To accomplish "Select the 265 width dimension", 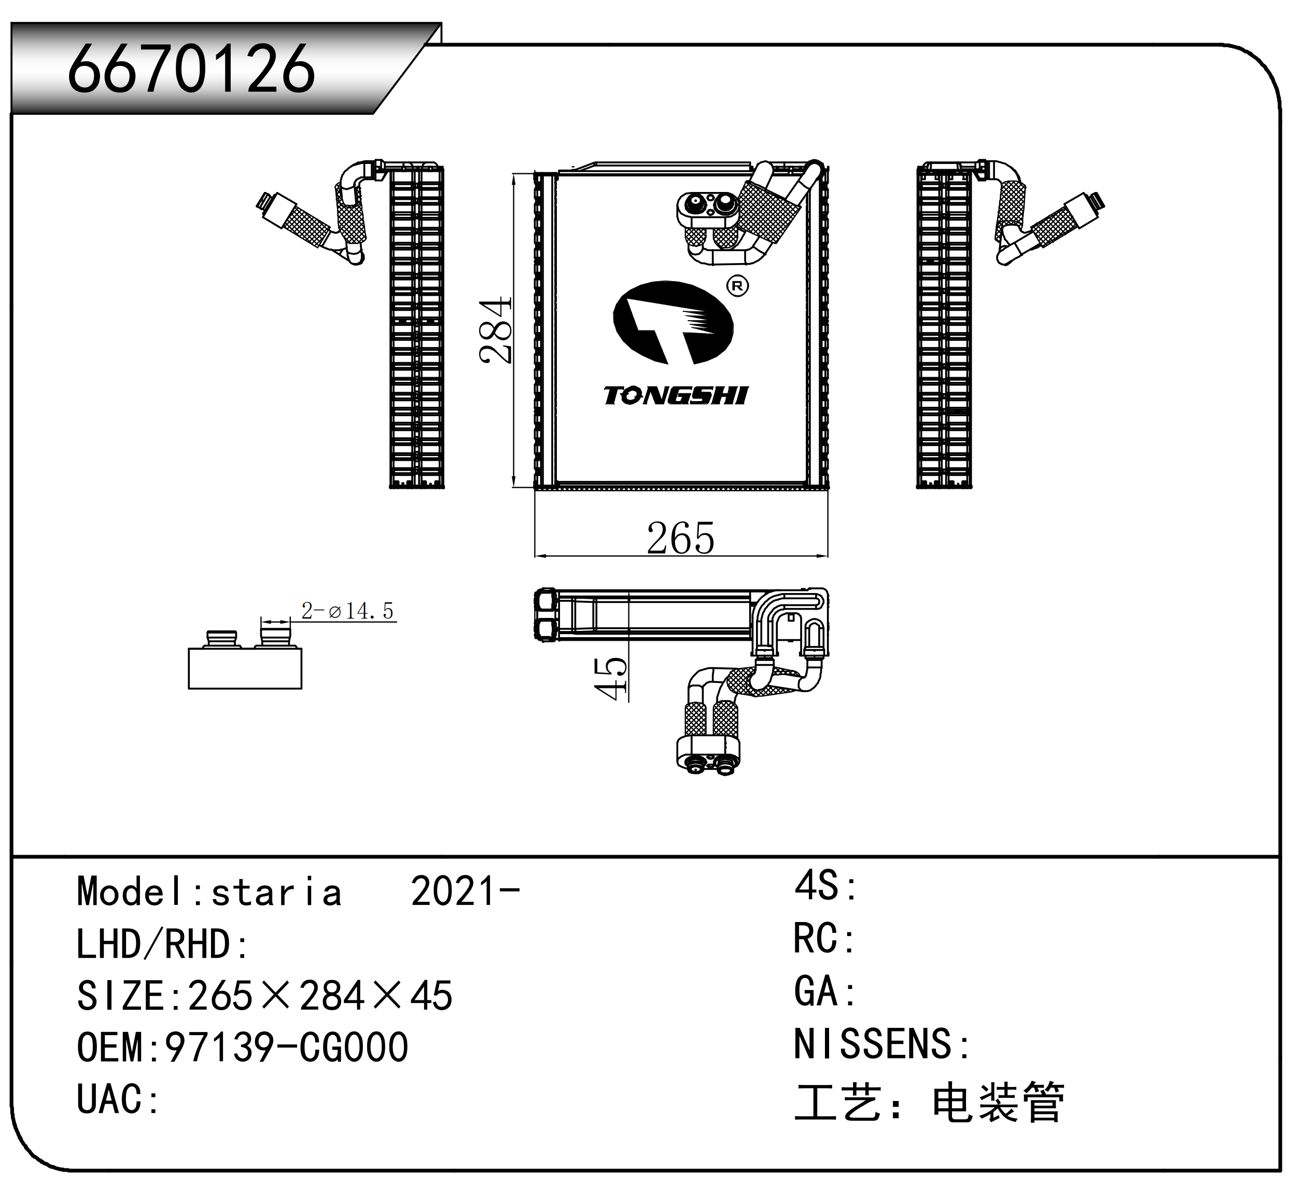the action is coord(680,538).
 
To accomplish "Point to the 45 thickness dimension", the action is coord(610,678).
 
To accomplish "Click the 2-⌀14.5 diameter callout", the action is coord(348,610).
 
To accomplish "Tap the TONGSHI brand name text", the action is coord(676,395).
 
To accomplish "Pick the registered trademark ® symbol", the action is coord(737,286).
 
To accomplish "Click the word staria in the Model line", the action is coord(276,892).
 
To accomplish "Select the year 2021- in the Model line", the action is coord(466,891).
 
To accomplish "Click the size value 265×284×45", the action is coord(320,996).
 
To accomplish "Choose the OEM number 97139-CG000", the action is coord(287,1048).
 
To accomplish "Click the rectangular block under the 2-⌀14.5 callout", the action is coord(245,668).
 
